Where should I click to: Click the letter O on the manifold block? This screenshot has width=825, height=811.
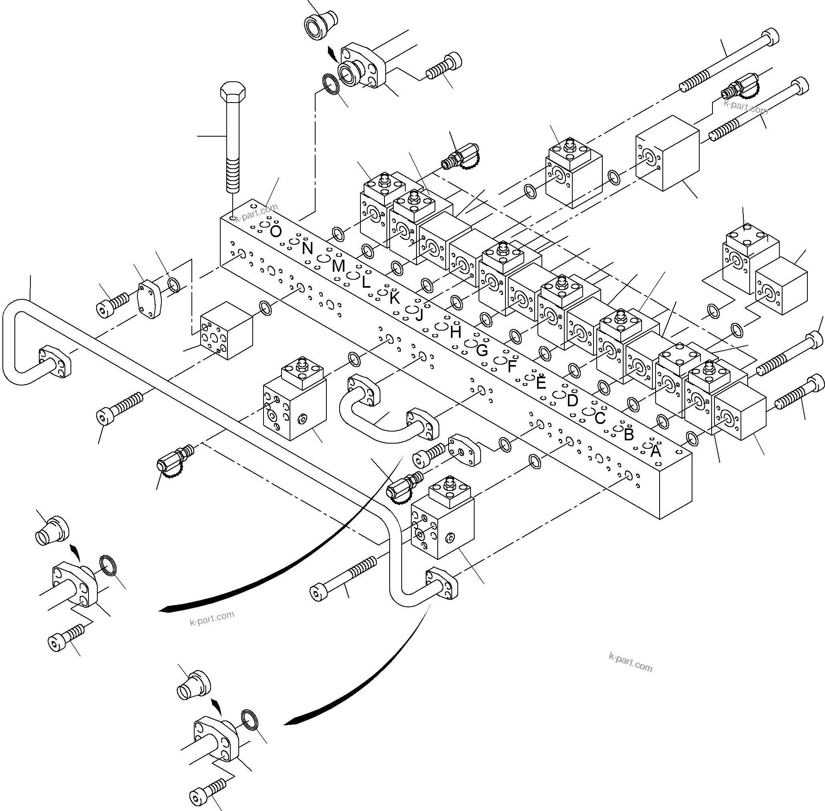(276, 232)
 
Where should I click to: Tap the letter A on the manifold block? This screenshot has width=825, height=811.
(656, 451)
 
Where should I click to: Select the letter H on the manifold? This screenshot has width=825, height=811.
(455, 332)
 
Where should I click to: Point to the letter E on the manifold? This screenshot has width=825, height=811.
(541, 383)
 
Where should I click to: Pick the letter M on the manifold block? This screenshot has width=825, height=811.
(338, 266)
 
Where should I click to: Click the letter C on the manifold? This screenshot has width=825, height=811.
(600, 418)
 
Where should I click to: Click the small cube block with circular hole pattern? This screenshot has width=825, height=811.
(226, 331)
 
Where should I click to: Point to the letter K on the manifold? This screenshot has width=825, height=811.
(394, 298)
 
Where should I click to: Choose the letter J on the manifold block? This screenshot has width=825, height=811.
(419, 315)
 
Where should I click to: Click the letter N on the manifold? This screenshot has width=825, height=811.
(307, 248)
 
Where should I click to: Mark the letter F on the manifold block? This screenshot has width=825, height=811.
(512, 366)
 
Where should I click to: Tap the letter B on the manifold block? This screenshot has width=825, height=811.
(628, 434)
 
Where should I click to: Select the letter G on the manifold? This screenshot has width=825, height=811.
(481, 350)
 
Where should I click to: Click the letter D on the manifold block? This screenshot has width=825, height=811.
(572, 400)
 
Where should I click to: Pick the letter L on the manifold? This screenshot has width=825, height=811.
(366, 282)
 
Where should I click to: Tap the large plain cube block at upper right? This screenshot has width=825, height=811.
(667, 153)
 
